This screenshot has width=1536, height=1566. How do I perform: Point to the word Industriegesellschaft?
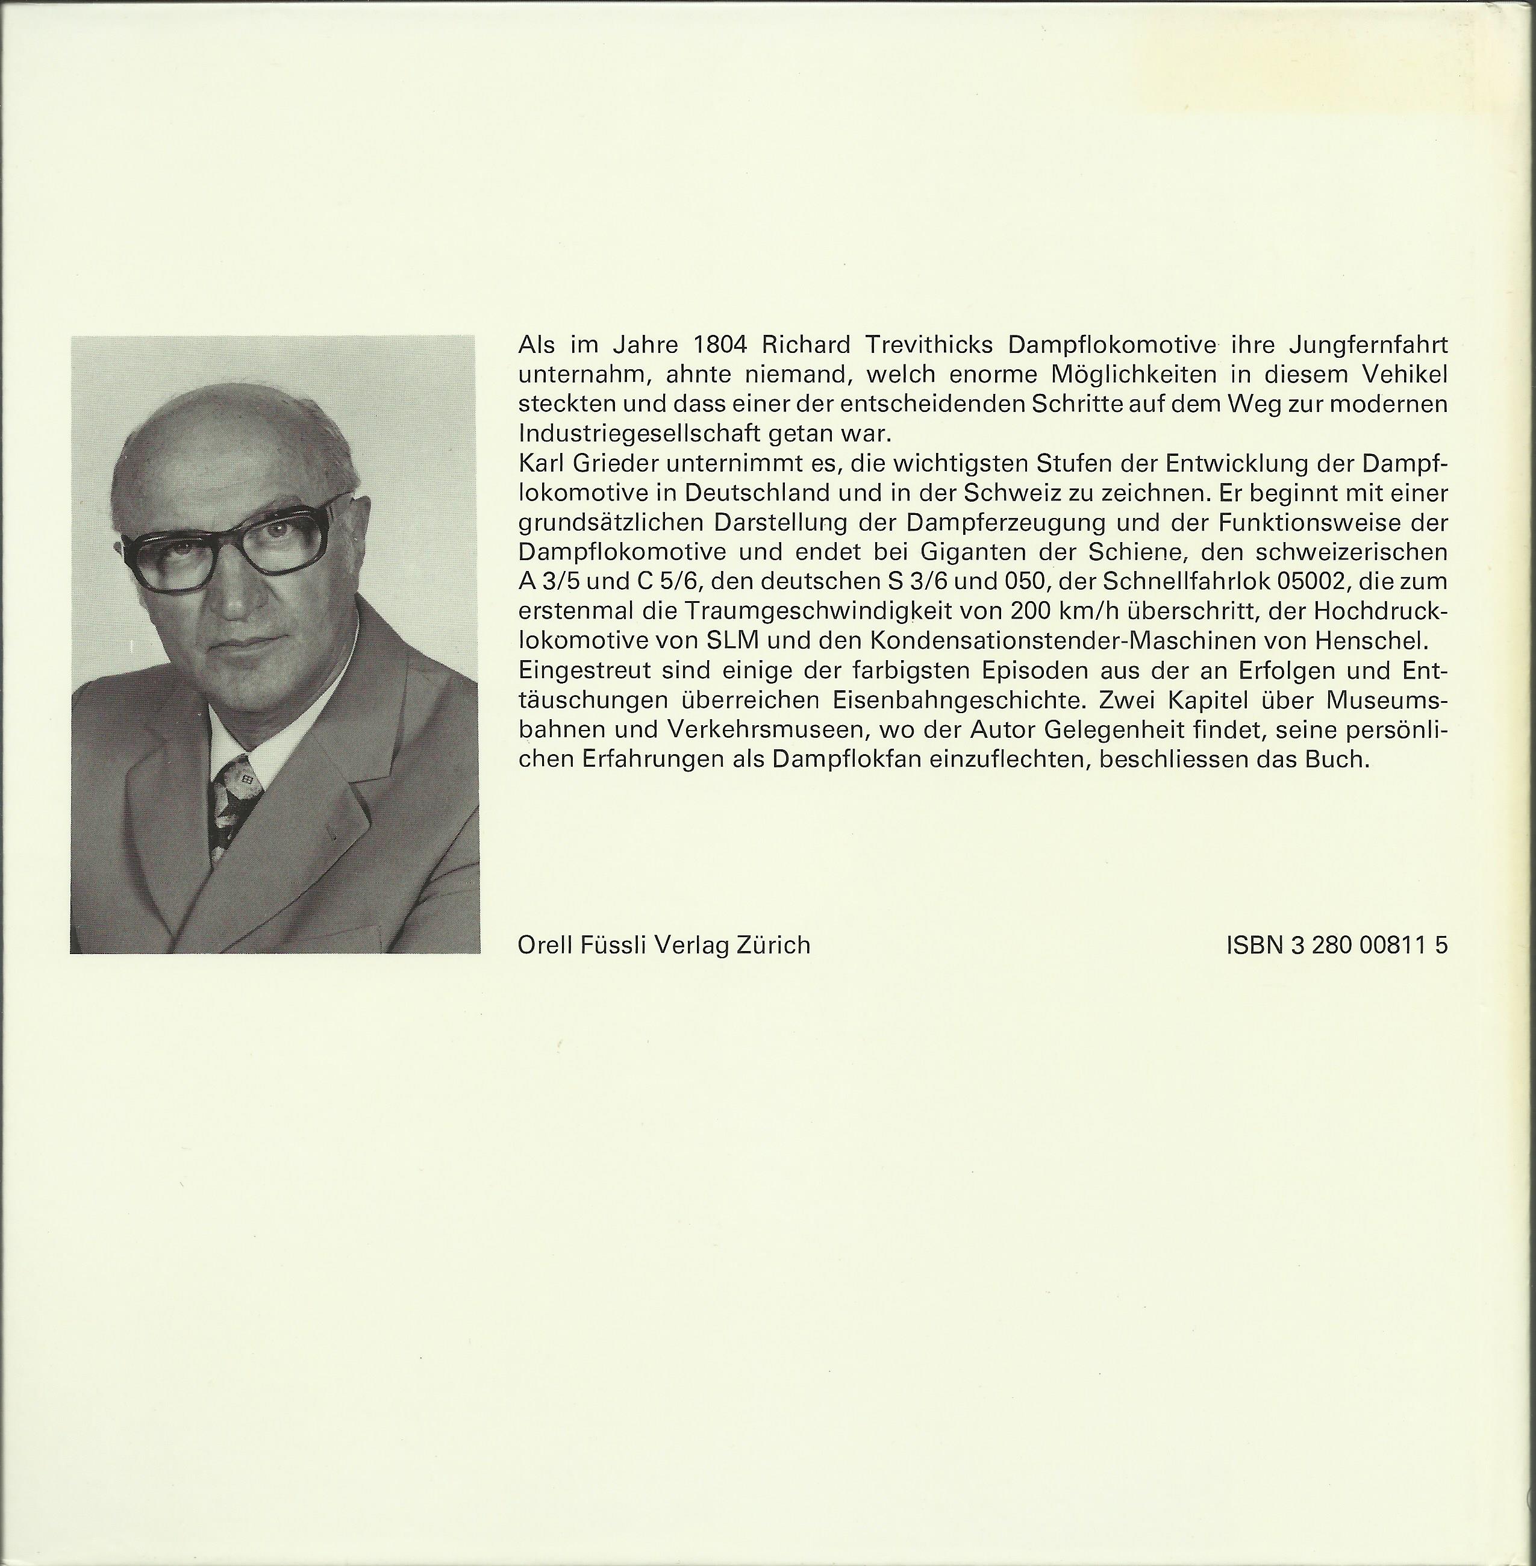point(640,433)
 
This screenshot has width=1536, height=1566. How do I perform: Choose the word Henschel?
point(1372,641)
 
